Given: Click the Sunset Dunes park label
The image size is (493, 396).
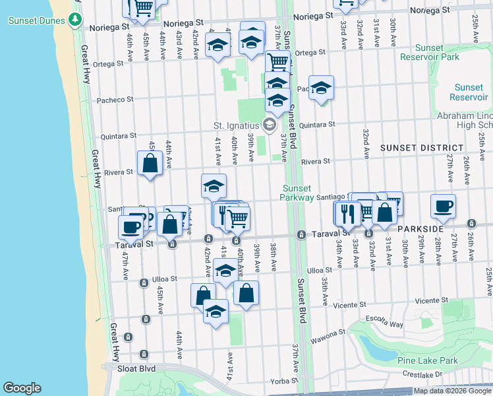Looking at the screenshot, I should coord(36,20).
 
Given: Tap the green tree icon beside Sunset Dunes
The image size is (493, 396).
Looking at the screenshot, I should coord(76,20).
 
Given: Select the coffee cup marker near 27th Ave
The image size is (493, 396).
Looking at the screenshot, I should coord(442,207).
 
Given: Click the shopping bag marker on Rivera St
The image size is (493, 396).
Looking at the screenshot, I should coord(150,163).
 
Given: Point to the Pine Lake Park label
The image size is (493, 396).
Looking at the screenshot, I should coord(428,360).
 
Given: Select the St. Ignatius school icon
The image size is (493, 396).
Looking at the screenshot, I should coord(270,125).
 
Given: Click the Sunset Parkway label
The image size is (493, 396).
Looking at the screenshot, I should coord(297,193).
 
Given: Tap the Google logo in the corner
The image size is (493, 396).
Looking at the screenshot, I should coord(22,388).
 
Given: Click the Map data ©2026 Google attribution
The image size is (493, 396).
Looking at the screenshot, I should coord(452,391).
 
